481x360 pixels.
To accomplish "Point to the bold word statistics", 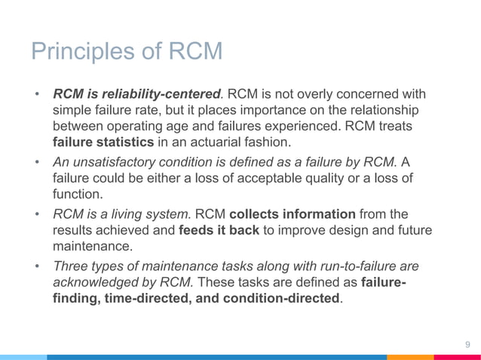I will pos(128,141).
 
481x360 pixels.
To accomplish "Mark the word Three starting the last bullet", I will pos(70,266).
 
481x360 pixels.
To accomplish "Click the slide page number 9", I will pos(467,346).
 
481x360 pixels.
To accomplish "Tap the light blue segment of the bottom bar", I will pos(23,357).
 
